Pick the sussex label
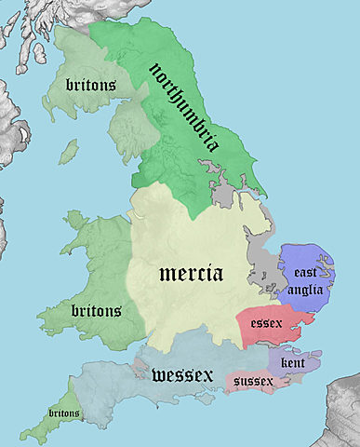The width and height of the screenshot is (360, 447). point(254,381)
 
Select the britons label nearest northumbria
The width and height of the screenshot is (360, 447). point(90,85)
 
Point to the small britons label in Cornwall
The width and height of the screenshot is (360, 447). point(63,413)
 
